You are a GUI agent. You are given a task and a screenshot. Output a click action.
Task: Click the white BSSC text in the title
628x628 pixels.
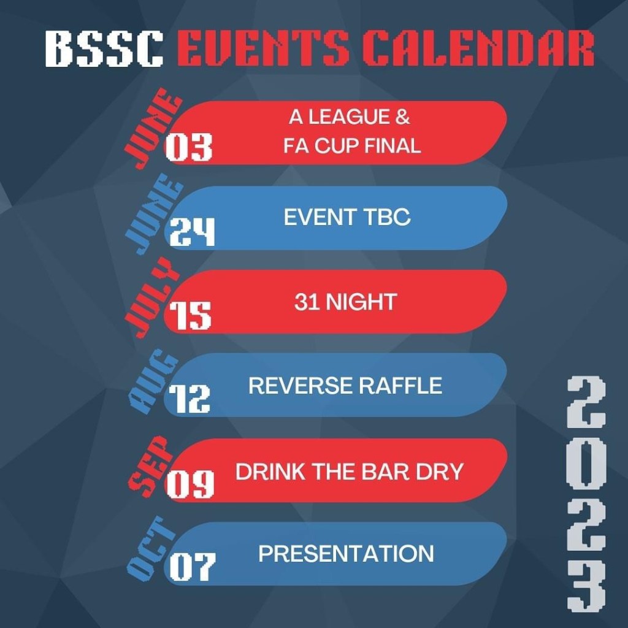tap(104, 49)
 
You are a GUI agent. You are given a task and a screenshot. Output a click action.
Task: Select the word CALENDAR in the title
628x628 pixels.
tap(478, 49)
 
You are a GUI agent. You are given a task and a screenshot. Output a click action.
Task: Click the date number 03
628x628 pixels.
tap(189, 148)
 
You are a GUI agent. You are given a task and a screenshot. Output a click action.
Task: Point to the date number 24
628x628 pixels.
tap(192, 232)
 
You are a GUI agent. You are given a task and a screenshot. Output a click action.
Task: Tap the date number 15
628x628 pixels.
tap(190, 316)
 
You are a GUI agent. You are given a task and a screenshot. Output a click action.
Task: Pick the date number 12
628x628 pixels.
tap(190, 399)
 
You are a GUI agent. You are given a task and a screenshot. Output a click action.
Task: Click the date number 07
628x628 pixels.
tap(192, 567)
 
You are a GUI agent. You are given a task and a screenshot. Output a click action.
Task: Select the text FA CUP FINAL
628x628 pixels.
tap(352, 147)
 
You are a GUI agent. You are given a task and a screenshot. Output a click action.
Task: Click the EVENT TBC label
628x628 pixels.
tap(347, 217)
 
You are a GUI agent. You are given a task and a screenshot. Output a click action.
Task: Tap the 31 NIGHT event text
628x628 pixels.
tap(345, 302)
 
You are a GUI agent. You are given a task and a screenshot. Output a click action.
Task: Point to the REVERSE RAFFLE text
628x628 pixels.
tap(345, 386)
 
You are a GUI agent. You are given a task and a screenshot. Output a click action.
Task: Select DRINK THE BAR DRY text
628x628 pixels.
tap(350, 472)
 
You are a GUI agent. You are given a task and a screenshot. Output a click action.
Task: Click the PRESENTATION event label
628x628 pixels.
tap(346, 554)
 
